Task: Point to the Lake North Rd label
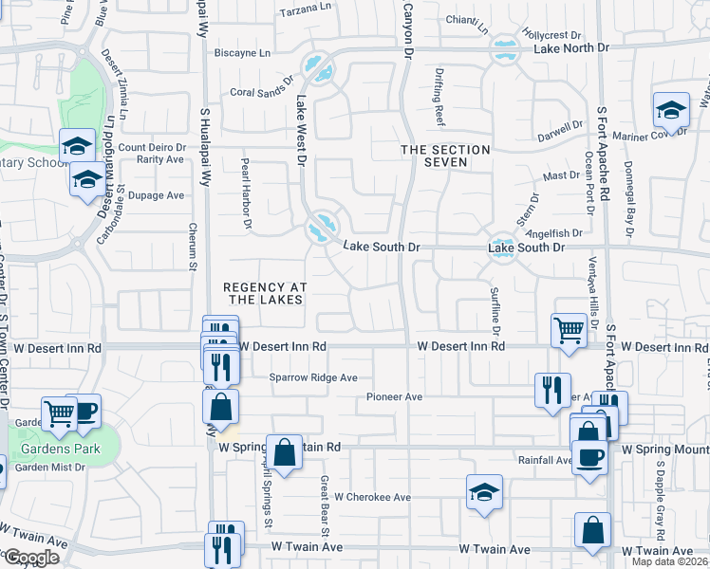pos(570,47)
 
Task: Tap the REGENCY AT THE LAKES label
pos(263,293)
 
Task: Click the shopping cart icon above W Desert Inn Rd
pos(569,331)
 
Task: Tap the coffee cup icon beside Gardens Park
pos(84,410)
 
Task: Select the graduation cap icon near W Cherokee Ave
pos(484,491)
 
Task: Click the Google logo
pos(31,558)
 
